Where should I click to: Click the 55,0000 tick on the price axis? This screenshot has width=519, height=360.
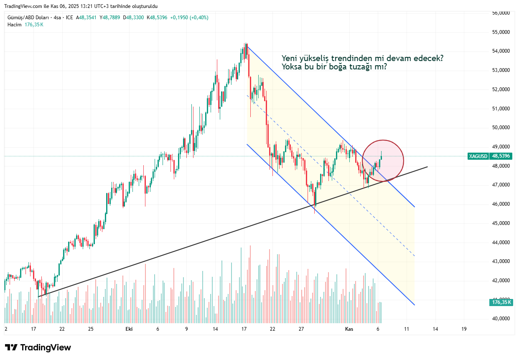click(x=501, y=32)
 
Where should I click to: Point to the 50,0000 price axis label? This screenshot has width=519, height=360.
click(x=501, y=128)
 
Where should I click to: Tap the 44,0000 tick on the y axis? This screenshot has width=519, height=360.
click(x=501, y=242)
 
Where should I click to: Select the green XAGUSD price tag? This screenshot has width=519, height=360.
click(x=478, y=156)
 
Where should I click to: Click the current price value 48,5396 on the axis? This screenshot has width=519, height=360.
click(x=501, y=156)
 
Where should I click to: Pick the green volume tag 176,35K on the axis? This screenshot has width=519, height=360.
click(x=501, y=302)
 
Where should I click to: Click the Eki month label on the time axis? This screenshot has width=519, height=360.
click(x=129, y=329)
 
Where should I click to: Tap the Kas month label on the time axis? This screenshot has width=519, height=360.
click(x=349, y=329)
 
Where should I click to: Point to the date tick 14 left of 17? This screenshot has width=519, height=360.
click(x=215, y=329)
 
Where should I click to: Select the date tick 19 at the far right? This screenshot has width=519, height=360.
click(x=464, y=329)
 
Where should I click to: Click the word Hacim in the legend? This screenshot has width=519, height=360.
click(x=14, y=25)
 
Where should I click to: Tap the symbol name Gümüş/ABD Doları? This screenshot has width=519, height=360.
click(x=28, y=18)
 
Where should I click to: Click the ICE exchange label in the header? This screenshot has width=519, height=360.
click(x=69, y=18)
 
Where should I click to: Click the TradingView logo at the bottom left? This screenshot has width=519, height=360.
click(x=38, y=347)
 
